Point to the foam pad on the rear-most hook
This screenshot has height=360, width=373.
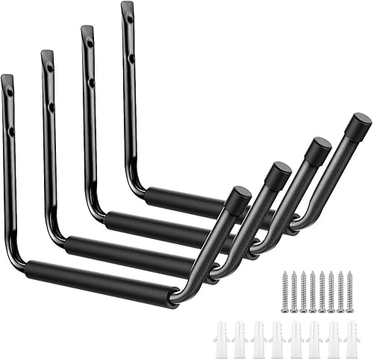(x=184, y=202)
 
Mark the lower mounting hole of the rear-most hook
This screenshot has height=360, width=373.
(x=131, y=58)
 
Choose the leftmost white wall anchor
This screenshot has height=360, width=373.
(x=220, y=340)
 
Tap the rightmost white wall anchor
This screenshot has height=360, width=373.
(x=351, y=340)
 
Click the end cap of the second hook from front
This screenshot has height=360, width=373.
(x=278, y=174)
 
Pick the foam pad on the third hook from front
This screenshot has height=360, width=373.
(x=153, y=226)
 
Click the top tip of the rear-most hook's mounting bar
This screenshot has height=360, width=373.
(x=126, y=5)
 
